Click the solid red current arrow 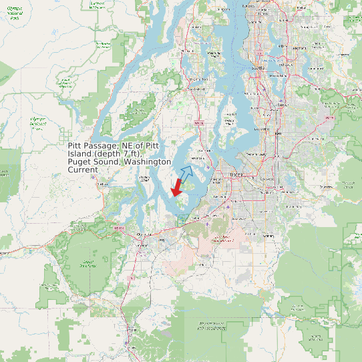[x=177, y=188]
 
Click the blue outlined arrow [x=186, y=174]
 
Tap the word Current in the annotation [x=83, y=170]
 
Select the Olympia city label [x=141, y=235]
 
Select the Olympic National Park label [x=14, y=15]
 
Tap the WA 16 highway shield [x=198, y=123]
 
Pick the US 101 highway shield [x=120, y=228]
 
